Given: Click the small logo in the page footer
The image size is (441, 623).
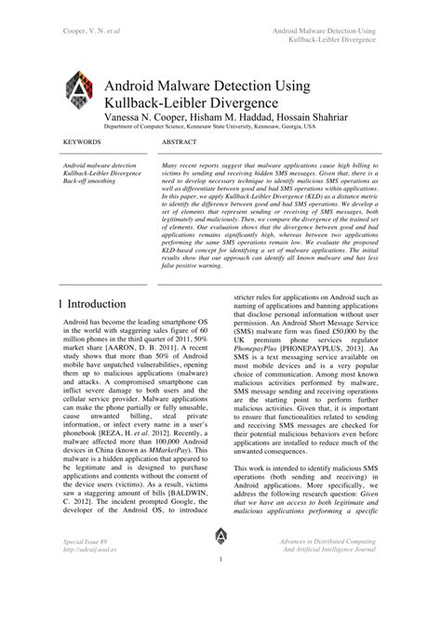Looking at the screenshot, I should tap(220, 536).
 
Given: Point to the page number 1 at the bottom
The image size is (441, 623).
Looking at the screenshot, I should tap(220, 560).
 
